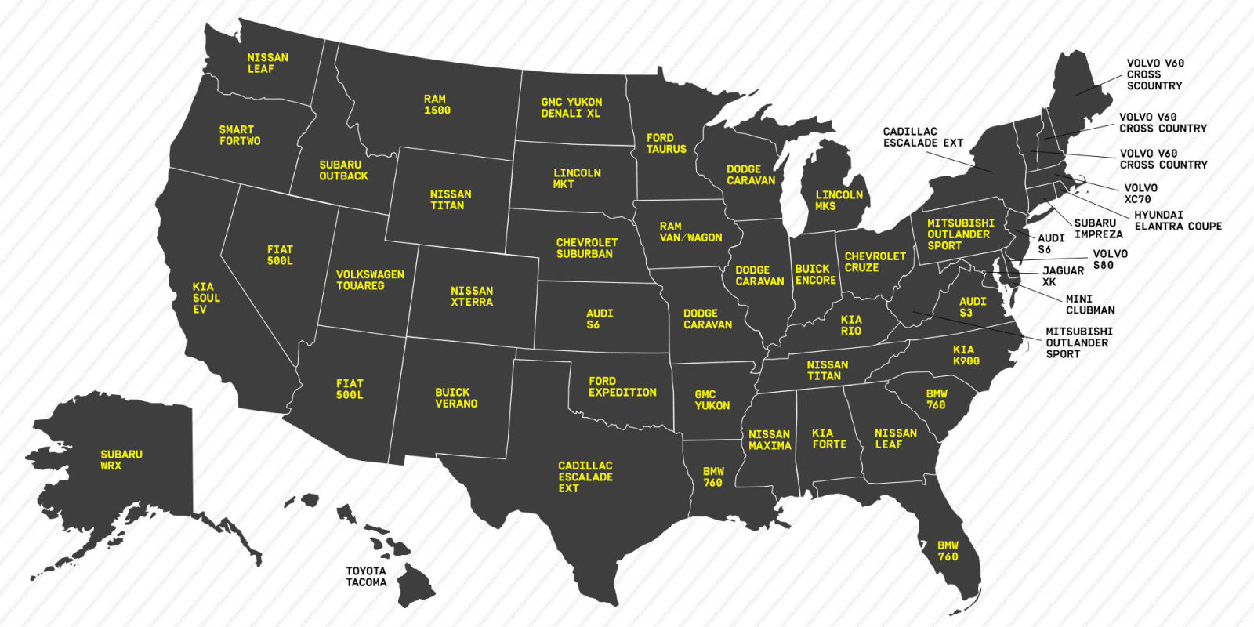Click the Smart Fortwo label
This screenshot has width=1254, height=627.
click(x=240, y=136)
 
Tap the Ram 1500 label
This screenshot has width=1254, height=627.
click(x=437, y=105)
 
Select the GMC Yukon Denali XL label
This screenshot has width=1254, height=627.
click(x=571, y=107)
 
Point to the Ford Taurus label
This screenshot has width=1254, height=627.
click(x=666, y=143)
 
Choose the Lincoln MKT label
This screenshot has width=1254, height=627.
click(x=577, y=179)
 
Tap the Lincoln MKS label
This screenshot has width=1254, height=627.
click(x=839, y=201)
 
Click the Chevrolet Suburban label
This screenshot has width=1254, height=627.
click(x=586, y=248)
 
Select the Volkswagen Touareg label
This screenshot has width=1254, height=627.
click(x=370, y=280)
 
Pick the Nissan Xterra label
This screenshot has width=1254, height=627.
click(x=472, y=296)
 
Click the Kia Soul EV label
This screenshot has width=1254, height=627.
click(x=205, y=298)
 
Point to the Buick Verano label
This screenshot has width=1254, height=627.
click(x=456, y=398)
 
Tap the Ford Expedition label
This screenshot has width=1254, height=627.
click(x=622, y=386)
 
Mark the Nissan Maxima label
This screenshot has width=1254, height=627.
click(x=770, y=440)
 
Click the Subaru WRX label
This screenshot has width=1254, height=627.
click(x=121, y=460)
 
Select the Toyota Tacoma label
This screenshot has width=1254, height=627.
click(x=366, y=577)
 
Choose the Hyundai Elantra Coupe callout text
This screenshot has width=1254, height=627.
click(x=1177, y=220)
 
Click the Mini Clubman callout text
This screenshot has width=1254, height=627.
click(x=1089, y=304)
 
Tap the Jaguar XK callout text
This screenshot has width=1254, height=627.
click(x=1063, y=276)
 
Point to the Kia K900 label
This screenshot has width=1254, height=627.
click(x=966, y=355)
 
